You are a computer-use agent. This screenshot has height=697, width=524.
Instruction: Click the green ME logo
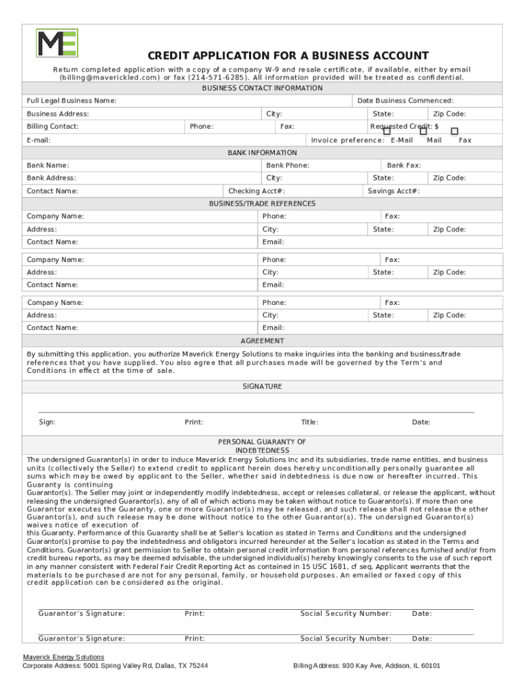pyautogui.click(x=57, y=43)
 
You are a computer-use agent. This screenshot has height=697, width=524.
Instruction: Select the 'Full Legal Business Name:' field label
pyautogui.click(x=71, y=101)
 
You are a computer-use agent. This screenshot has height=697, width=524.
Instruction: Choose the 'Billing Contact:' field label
pyautogui.click(x=52, y=127)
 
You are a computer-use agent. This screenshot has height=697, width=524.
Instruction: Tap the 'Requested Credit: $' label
pyautogui.click(x=404, y=127)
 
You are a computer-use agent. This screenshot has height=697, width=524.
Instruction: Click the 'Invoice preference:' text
pyautogui.click(x=348, y=140)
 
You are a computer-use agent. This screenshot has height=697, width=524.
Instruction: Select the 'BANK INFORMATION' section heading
pyautogui.click(x=262, y=153)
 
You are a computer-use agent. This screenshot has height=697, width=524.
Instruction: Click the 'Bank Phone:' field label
pyautogui.click(x=288, y=165)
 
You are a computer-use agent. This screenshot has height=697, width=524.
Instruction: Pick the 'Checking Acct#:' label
pyautogui.click(x=257, y=191)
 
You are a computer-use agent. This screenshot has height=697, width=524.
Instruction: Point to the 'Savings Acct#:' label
pyautogui.click(x=393, y=191)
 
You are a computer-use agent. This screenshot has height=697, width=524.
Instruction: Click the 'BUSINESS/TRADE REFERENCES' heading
pyautogui.click(x=262, y=204)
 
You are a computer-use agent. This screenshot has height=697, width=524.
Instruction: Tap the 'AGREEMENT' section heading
pyautogui.click(x=262, y=341)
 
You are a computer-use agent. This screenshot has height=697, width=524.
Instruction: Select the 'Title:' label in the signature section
pyautogui.click(x=310, y=423)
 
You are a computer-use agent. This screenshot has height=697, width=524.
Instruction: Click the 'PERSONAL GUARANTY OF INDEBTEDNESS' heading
pyautogui.click(x=262, y=446)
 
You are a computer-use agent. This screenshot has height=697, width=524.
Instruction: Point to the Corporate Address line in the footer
pyautogui.click(x=115, y=666)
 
